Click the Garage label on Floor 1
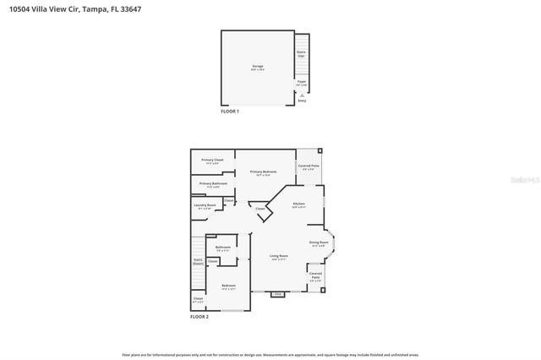pyautogui.click(x=257, y=67)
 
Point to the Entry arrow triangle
pyautogui.click(x=302, y=95)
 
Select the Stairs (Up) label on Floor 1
pyautogui.click(x=301, y=53)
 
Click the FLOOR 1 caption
pyautogui.click(x=230, y=112)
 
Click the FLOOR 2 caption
pyautogui.click(x=199, y=316)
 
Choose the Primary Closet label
pyautogui.click(x=212, y=161)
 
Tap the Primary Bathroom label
pyautogui.click(x=213, y=184)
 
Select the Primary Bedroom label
pyautogui.click(x=263, y=172)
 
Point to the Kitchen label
pyautogui.click(x=298, y=205)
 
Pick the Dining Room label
pyautogui.click(x=319, y=244)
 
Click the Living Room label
pyautogui.click(x=279, y=257)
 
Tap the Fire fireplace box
pyautogui.click(x=277, y=294)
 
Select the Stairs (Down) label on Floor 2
pyautogui.click(x=198, y=262)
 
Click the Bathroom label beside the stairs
pyautogui.click(x=223, y=248)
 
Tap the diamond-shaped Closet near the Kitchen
pyautogui.click(x=260, y=209)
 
